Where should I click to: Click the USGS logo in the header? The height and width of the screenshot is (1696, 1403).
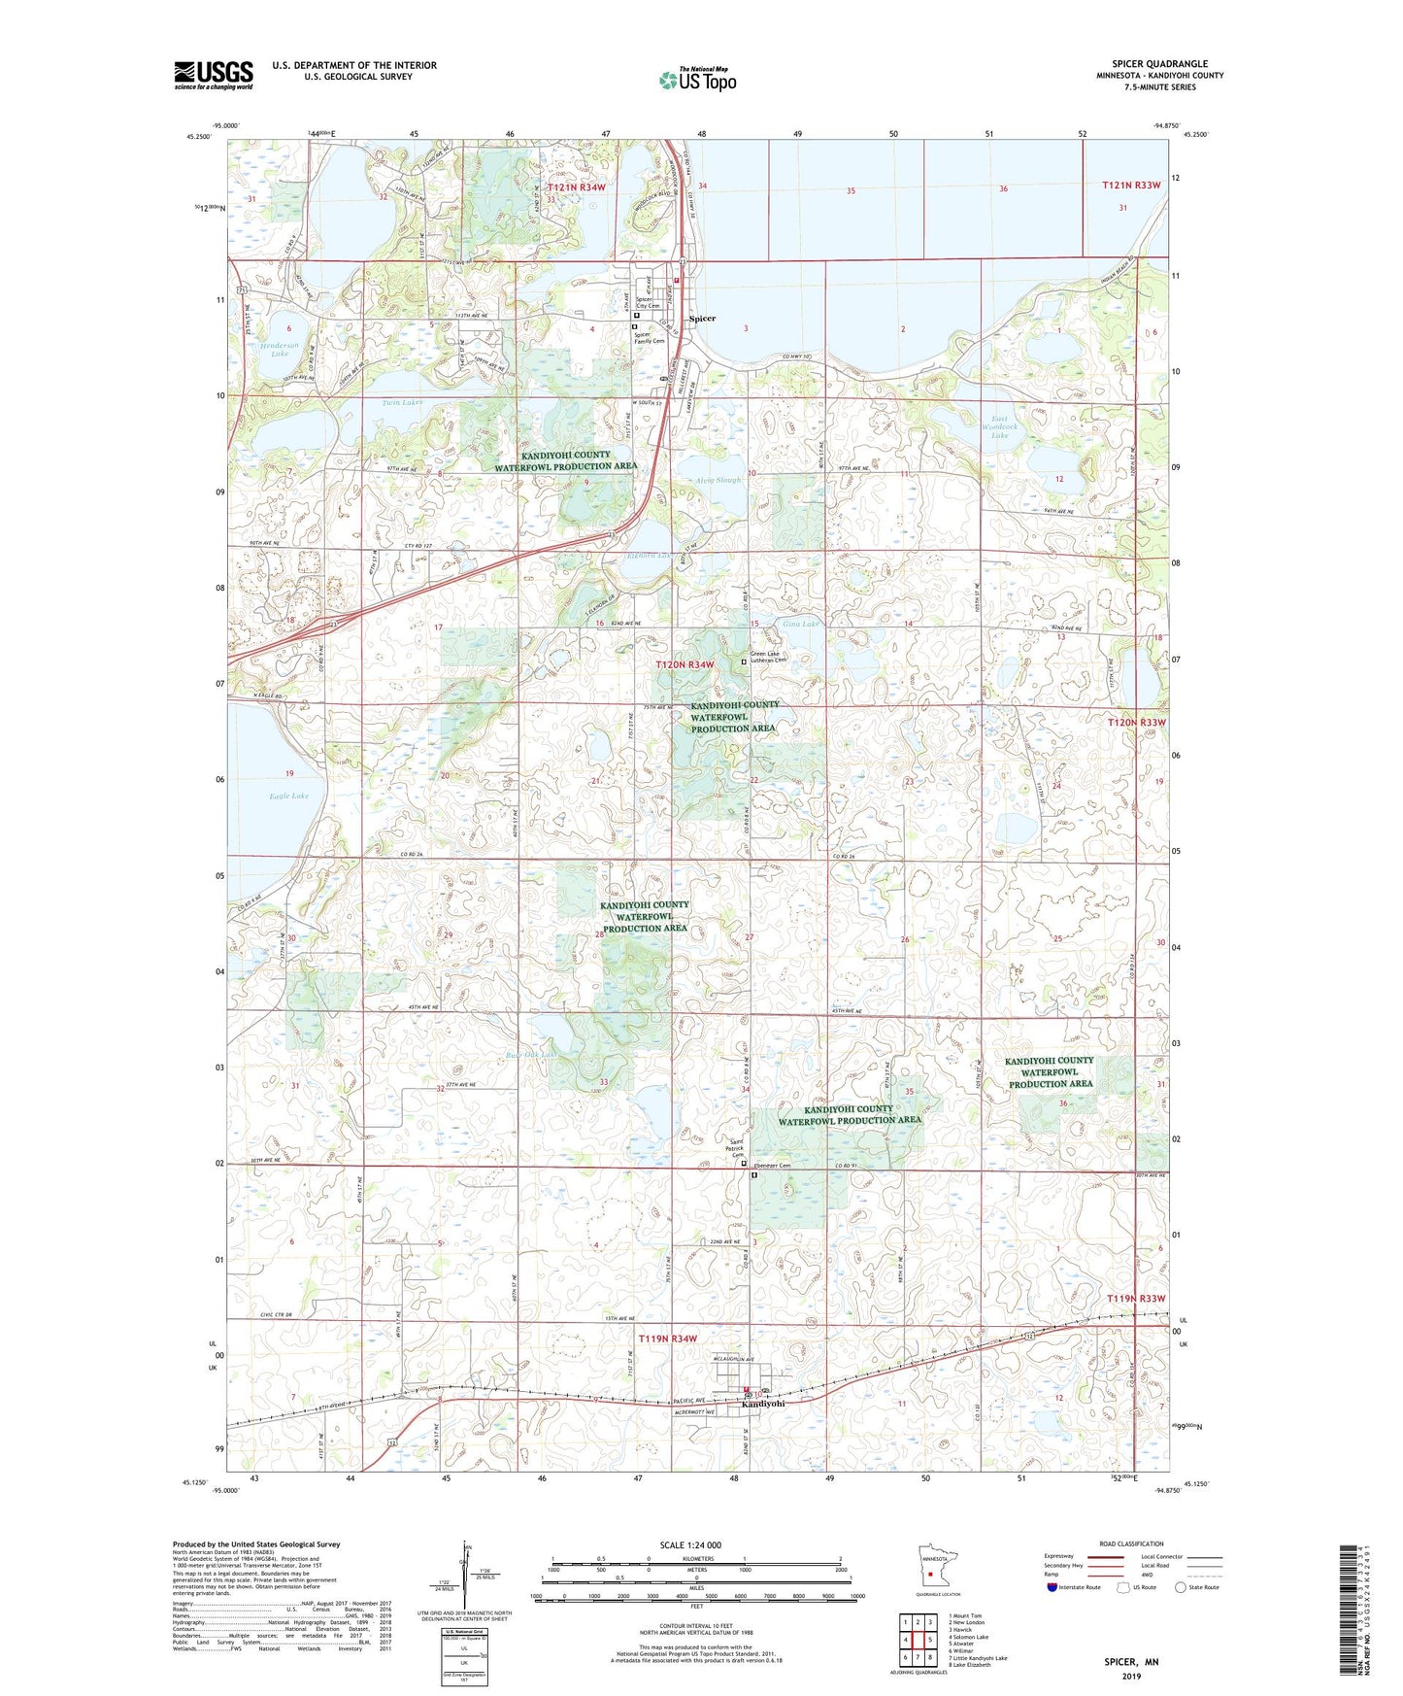tap(213, 75)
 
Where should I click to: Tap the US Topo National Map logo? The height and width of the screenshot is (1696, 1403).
tap(697, 80)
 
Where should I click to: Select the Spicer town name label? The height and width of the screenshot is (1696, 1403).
tap(702, 319)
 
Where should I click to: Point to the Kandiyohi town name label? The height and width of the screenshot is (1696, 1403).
tap(763, 1404)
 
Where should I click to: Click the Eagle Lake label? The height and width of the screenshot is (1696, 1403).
tap(288, 796)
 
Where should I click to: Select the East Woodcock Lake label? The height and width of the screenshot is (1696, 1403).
tap(999, 428)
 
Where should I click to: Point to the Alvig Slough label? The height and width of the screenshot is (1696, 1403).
tap(718, 480)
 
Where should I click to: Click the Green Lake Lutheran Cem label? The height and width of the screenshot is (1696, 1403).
tap(770, 658)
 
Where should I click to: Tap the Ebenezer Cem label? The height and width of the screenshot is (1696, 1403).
tap(772, 1166)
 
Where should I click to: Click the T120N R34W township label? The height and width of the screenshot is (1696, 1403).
tap(685, 664)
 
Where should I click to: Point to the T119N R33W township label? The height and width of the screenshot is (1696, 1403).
tap(1135, 1299)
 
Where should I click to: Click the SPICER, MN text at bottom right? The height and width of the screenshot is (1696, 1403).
tap(1131, 1662)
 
